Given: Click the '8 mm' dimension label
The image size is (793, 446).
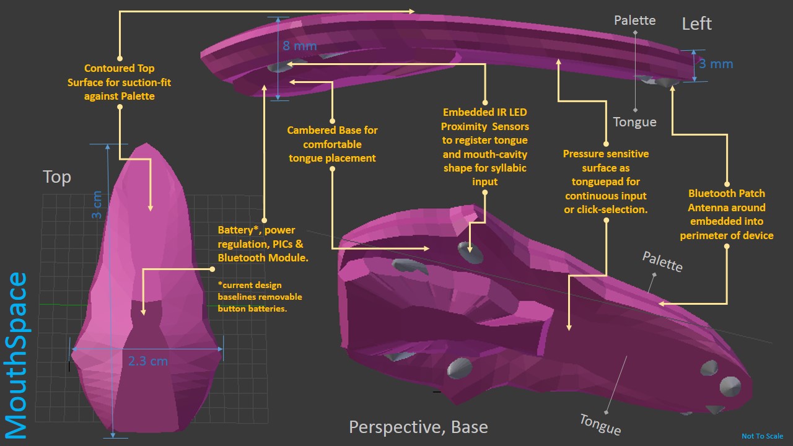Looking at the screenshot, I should (x=299, y=46).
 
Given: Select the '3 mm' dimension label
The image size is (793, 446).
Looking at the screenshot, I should (x=716, y=64).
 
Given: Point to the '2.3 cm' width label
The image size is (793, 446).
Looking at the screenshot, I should (x=148, y=361).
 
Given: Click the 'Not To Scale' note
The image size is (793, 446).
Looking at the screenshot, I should (x=762, y=436).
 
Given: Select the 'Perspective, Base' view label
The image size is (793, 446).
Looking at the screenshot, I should (x=418, y=427).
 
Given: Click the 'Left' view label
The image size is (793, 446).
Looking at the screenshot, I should (x=696, y=24).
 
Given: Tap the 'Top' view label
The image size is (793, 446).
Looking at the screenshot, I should (x=57, y=177).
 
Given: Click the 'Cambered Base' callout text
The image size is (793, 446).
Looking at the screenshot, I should (x=332, y=144).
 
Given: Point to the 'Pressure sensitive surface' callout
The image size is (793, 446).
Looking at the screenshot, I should (x=606, y=181).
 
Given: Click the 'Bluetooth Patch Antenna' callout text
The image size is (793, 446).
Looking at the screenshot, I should (x=727, y=214).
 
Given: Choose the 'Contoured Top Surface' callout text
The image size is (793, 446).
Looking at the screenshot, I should (x=120, y=82).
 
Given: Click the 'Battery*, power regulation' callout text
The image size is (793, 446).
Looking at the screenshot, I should (x=263, y=243).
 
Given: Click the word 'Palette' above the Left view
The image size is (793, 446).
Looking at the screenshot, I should (x=634, y=20).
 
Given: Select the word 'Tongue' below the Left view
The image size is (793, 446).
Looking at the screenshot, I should (x=634, y=122).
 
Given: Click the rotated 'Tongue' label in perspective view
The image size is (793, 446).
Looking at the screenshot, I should (x=600, y=424).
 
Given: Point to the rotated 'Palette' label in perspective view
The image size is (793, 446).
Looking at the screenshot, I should (x=662, y=262).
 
